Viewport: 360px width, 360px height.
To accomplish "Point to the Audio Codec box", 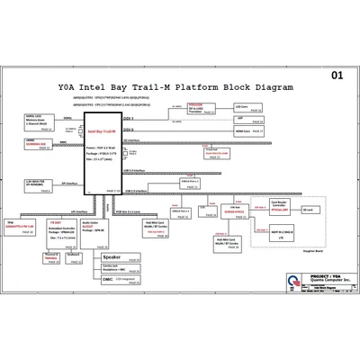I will tap(100, 226).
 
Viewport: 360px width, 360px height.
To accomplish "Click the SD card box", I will tap(308, 210).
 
